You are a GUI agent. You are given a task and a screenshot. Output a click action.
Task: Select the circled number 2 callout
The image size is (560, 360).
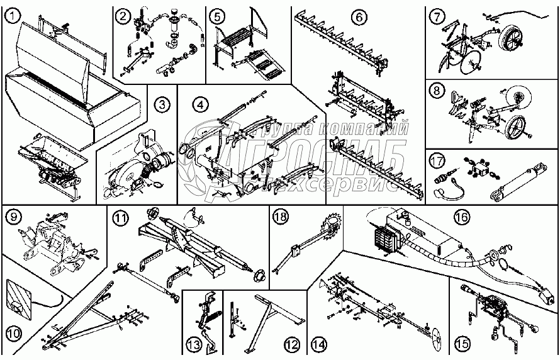123,15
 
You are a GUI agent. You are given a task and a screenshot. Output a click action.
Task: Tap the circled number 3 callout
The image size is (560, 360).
162,104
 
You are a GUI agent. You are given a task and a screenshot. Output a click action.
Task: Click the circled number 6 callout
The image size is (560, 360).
358,16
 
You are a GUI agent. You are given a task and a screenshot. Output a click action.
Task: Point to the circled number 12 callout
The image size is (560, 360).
290,344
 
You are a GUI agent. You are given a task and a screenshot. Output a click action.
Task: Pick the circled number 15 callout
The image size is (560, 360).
462,344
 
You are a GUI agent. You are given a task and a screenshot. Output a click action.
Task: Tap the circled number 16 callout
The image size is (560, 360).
462,217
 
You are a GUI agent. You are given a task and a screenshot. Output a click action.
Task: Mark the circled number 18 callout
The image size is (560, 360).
281,218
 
